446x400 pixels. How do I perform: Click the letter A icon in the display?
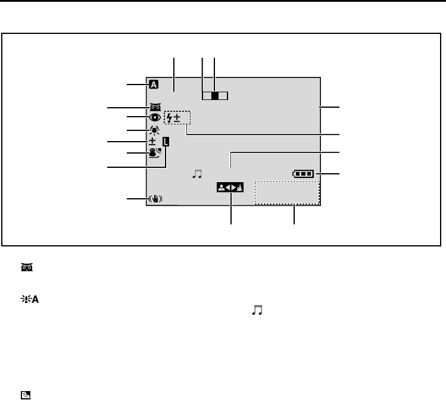[x=154, y=85]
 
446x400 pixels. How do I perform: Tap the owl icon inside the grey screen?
[x=154, y=107]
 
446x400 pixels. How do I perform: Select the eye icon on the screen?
[x=154, y=117]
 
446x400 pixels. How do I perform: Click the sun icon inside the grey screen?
[x=154, y=130]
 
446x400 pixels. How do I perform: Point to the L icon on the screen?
[x=166, y=142]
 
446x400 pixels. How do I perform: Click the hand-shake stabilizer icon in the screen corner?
[x=153, y=199]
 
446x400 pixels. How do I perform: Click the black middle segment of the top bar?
[x=214, y=95]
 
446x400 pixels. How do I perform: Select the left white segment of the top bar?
[x=207, y=95]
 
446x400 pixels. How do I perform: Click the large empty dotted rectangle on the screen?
[x=287, y=193]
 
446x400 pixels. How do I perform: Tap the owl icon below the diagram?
[x=27, y=268]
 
